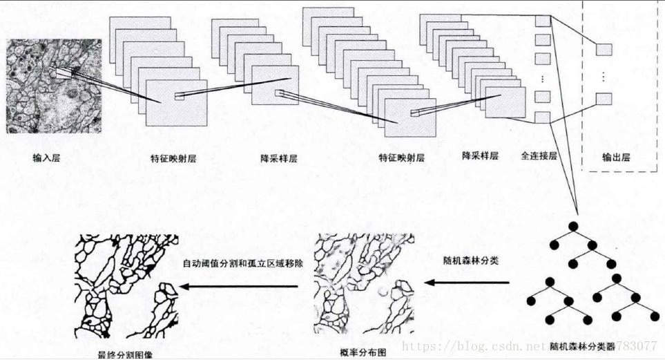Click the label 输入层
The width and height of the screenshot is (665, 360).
46,158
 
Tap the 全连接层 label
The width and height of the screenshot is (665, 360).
539,155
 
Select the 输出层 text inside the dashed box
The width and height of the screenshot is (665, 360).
616,157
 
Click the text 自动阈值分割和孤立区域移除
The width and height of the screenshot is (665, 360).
242,263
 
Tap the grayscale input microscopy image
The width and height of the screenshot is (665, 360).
53,86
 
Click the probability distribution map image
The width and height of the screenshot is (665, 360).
364,287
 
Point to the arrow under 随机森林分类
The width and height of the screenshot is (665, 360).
467,282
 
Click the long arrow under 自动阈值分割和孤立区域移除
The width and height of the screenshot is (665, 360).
242,283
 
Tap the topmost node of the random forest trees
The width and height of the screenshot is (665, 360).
573,227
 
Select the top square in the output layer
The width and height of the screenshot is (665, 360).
604,49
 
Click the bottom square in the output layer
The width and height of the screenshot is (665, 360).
604,97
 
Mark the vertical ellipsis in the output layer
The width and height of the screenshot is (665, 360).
604,74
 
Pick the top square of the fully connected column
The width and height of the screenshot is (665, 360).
542,21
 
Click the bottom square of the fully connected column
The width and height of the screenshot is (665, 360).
542,117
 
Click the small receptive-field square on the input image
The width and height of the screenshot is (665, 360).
64,73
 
